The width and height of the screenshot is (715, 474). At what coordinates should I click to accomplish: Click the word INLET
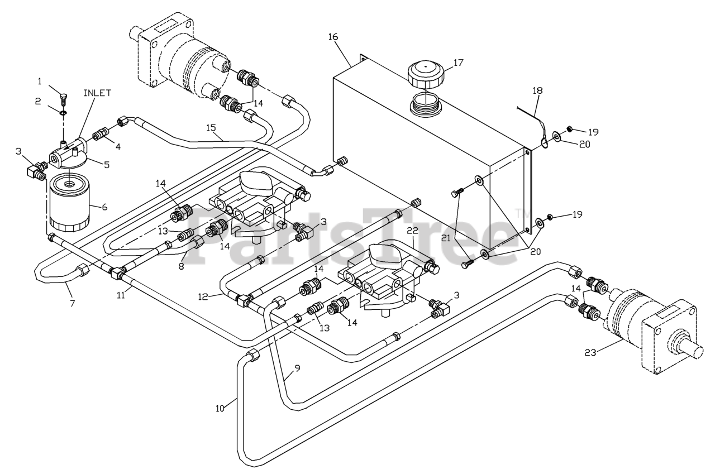(x=97, y=93)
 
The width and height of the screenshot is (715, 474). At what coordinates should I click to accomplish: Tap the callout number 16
(x=333, y=37)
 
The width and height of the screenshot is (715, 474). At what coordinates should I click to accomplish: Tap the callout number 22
(x=412, y=231)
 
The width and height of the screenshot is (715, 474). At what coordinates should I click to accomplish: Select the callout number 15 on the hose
(x=211, y=128)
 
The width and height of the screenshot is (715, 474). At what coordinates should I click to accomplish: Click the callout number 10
(x=220, y=409)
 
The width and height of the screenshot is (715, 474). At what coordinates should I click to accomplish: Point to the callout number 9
(x=298, y=368)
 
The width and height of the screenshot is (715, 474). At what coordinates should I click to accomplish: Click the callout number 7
(x=73, y=303)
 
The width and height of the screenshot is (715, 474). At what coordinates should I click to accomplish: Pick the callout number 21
(x=446, y=237)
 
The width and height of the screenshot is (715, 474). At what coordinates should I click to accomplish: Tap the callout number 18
(x=537, y=90)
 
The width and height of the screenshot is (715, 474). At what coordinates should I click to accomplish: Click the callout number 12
(x=203, y=297)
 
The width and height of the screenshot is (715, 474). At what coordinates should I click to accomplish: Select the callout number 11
(x=121, y=295)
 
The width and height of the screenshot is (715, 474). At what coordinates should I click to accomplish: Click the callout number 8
(x=182, y=266)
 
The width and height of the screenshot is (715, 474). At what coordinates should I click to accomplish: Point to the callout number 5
(x=106, y=165)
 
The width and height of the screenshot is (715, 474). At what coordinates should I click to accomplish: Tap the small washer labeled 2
(x=63, y=112)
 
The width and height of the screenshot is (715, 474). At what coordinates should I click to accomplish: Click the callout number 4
(x=118, y=147)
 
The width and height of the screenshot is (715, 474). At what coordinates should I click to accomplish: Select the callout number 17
(x=458, y=63)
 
